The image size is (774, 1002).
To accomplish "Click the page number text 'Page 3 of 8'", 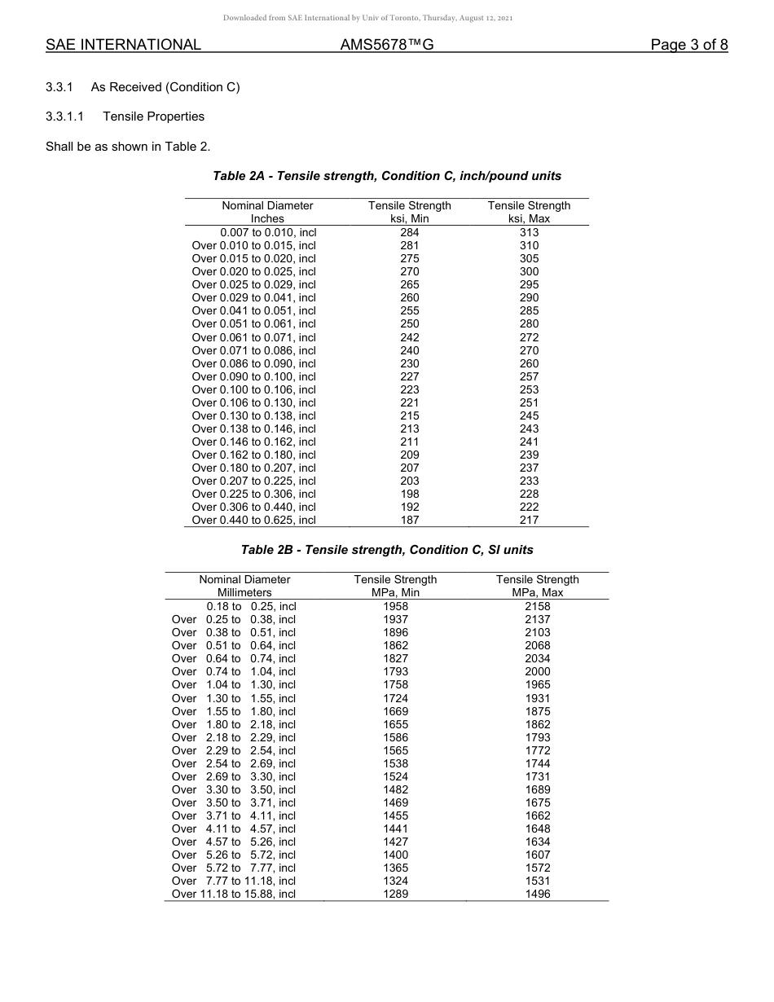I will click(x=688, y=45).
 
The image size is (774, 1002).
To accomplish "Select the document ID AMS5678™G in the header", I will click(x=386, y=45).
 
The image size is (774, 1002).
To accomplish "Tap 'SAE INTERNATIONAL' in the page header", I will click(x=123, y=45).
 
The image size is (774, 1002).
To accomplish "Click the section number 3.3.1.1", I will click(x=68, y=116).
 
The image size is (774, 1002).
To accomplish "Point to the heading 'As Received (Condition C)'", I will click(x=165, y=87).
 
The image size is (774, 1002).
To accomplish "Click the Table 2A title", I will click(x=387, y=176).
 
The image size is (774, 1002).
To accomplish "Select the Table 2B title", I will click(x=387, y=550).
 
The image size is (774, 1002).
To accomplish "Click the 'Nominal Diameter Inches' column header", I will click(x=267, y=212).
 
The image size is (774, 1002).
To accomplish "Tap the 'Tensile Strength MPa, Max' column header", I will click(x=537, y=586).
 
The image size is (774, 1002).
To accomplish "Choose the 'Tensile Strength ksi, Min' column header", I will click(x=409, y=212).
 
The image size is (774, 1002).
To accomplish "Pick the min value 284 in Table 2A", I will click(x=409, y=232).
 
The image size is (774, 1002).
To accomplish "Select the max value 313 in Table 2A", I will click(x=529, y=232).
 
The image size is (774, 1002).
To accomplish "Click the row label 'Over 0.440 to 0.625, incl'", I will click(x=253, y=520).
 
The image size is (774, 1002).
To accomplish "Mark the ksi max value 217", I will click(x=529, y=520).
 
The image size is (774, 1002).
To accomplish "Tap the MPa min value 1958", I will click(x=395, y=606).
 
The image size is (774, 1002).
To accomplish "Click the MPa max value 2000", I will click(x=537, y=671).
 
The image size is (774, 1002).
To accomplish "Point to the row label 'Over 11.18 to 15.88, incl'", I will click(x=234, y=894).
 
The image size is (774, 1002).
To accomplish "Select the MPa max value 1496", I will click(x=537, y=894).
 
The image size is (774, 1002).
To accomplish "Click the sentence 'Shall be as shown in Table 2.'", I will click(x=128, y=147).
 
